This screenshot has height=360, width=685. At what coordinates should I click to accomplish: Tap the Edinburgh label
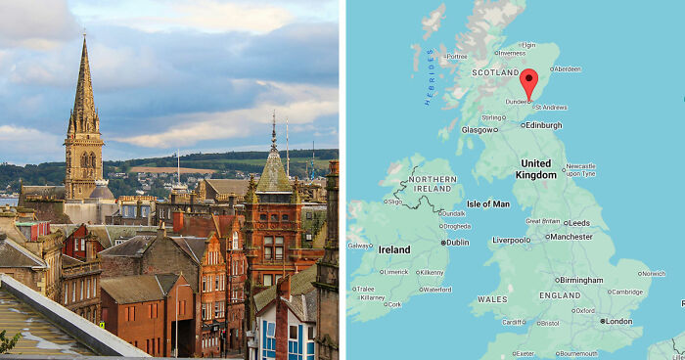(x=542, y=125)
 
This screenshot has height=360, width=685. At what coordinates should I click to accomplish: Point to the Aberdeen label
(x=569, y=68)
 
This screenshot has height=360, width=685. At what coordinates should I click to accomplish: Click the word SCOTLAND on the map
(x=496, y=72)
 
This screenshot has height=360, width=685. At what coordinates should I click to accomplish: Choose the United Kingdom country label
(x=535, y=168)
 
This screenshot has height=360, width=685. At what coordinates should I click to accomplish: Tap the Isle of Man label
(x=487, y=203)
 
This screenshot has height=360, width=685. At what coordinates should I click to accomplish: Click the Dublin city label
(x=457, y=242)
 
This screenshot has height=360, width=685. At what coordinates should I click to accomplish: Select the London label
(x=616, y=321)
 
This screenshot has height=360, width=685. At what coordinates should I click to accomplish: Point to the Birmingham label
(x=581, y=280)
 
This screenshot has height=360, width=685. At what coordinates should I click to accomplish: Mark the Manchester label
(x=571, y=236)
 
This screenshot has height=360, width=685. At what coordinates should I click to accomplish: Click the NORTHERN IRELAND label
(x=432, y=186)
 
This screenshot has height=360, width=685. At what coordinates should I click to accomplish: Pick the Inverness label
(x=512, y=54)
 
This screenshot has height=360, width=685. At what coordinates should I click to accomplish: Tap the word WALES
(x=492, y=299)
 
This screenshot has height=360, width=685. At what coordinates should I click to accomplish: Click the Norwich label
(x=653, y=274)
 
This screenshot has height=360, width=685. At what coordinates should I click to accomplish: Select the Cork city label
(x=393, y=304)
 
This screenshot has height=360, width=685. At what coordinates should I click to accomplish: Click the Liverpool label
(x=511, y=240)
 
